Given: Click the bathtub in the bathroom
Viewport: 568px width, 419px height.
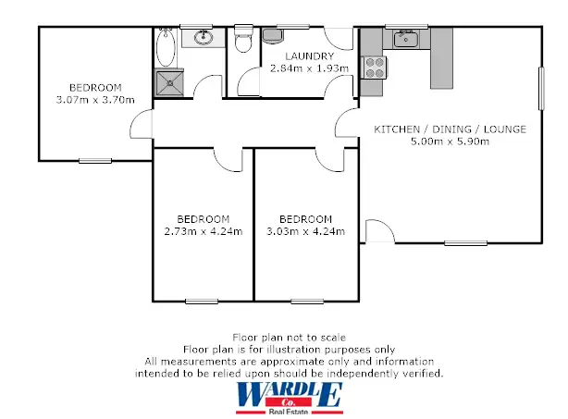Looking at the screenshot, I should (x=166, y=50).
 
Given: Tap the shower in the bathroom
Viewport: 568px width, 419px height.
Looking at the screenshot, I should (x=168, y=83).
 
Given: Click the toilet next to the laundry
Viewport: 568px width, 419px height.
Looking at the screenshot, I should (x=243, y=42).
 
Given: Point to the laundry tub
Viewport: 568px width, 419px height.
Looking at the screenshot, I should (x=274, y=36).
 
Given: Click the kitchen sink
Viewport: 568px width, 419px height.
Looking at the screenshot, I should (x=404, y=38).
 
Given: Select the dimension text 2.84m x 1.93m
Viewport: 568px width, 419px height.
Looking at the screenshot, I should (x=308, y=68).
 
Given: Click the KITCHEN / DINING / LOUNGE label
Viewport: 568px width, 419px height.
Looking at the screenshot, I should (x=450, y=129).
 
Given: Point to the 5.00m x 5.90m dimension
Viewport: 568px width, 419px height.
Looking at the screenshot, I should (x=450, y=142).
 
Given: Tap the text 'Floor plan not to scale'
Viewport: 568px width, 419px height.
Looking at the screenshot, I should (x=289, y=339).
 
